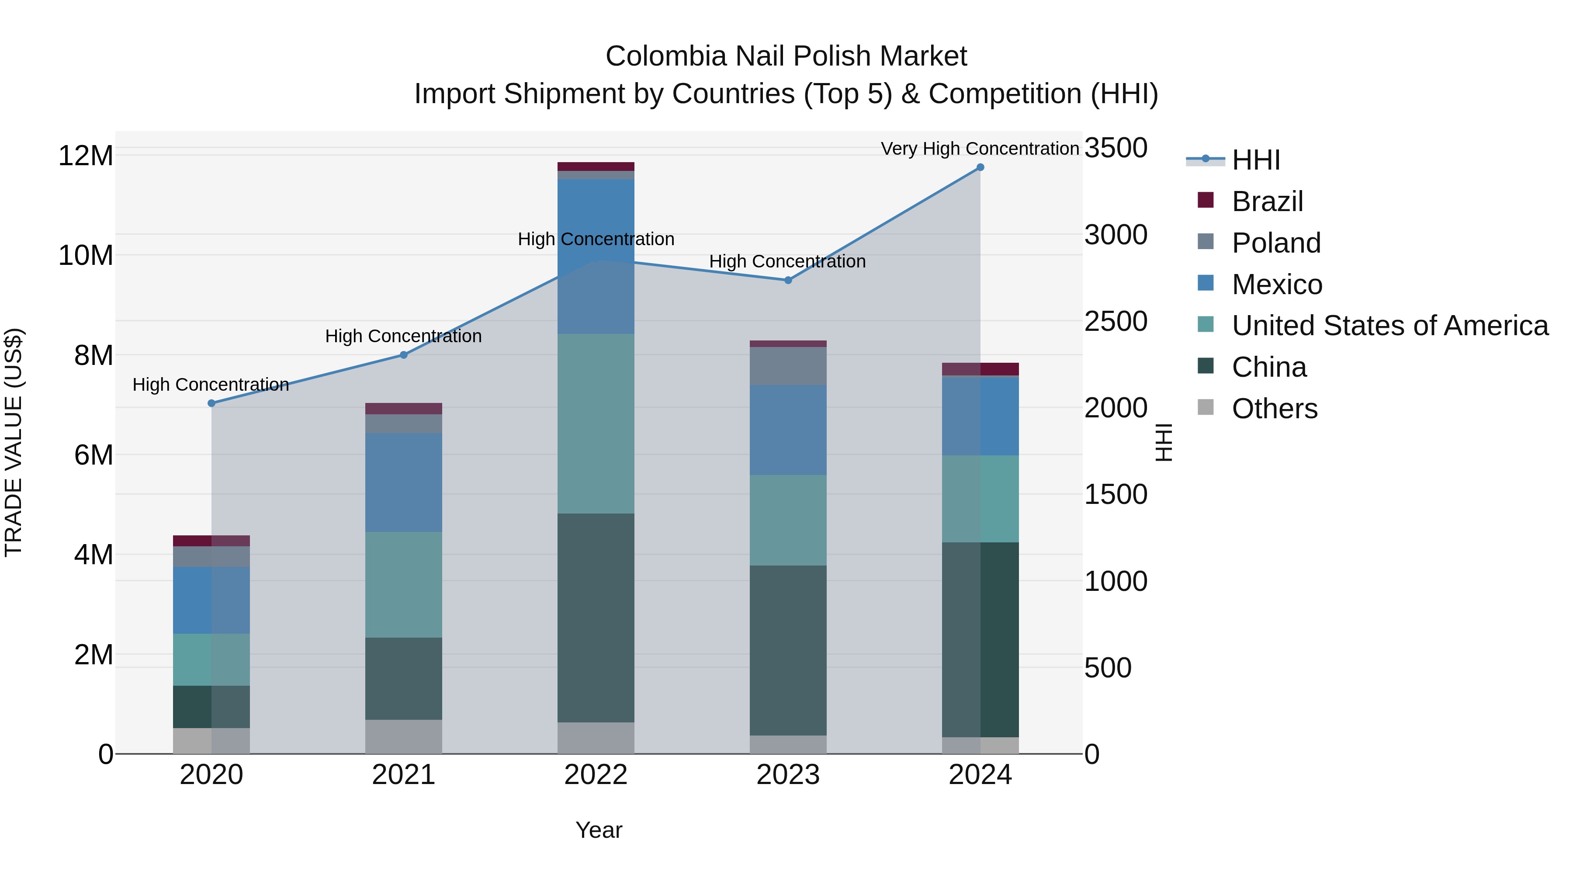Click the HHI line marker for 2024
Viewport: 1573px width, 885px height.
980,167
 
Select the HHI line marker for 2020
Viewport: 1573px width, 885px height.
211,403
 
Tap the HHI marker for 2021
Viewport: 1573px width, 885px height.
404,355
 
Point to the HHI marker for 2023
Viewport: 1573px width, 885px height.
788,280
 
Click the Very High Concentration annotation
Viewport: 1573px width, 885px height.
980,149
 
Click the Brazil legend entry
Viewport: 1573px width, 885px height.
1267,201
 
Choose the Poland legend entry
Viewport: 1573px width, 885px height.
1275,243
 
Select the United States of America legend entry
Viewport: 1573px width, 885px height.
1389,326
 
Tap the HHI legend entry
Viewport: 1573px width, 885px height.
1255,160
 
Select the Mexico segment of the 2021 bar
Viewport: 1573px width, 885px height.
404,482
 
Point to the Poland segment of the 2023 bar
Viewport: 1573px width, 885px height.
788,366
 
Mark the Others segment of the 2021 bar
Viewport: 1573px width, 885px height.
404,736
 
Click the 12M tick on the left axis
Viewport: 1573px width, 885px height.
86,156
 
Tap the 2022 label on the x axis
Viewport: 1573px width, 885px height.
596,775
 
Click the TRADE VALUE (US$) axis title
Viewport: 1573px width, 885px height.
14,442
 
